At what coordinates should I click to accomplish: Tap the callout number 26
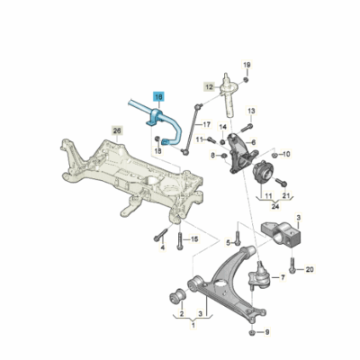pyautogui.click(x=116, y=131)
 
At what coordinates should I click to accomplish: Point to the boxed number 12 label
pyautogui.click(x=209, y=87)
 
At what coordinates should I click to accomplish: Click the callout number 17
pyautogui.click(x=205, y=124)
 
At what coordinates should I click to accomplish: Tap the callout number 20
pyautogui.click(x=310, y=269)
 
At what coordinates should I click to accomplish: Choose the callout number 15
pyautogui.click(x=193, y=238)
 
